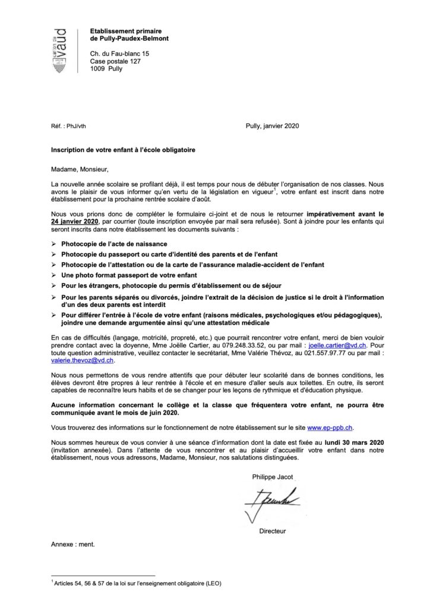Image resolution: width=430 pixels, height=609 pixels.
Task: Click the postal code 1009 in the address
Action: (x=98, y=68)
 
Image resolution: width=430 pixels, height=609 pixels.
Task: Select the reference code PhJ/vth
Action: (x=74, y=126)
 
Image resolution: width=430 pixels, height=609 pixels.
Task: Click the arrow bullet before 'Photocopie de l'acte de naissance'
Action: (x=55, y=244)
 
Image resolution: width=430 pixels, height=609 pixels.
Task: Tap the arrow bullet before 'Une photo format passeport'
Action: (x=55, y=276)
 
